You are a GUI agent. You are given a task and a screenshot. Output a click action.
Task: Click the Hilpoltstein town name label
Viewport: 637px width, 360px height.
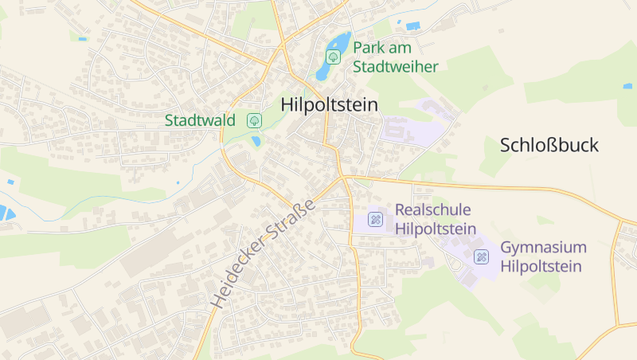(329, 105)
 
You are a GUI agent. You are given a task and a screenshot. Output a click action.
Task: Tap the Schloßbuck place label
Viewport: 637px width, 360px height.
(549, 145)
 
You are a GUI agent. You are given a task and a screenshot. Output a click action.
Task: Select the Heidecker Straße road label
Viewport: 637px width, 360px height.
(264, 252)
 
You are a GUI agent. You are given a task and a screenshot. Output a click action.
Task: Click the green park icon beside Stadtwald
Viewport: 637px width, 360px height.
(255, 121)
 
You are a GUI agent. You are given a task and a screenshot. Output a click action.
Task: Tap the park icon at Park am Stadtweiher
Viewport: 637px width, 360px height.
(334, 57)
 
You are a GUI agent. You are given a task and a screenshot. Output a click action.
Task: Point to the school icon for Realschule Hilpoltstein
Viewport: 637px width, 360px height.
(375, 219)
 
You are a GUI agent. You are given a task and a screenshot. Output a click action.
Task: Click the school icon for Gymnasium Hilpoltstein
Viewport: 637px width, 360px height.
(481, 256)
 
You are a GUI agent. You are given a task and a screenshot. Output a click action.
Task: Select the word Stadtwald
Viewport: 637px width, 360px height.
(200, 121)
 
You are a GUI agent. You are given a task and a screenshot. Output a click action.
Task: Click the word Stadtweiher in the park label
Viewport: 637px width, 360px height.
(395, 67)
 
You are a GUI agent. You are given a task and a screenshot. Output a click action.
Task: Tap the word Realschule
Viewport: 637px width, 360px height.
(432, 210)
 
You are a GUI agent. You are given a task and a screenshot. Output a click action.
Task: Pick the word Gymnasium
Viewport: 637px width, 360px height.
(543, 247)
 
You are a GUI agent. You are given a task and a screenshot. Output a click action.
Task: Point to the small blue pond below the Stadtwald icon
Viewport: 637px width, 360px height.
(256, 141)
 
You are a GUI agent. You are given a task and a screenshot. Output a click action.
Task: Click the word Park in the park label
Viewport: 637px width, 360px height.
(369, 47)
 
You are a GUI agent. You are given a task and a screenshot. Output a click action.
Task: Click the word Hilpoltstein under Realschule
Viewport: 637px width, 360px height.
(436, 229)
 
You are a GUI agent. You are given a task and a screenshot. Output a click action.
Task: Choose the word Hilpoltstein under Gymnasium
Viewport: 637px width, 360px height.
(541, 267)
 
